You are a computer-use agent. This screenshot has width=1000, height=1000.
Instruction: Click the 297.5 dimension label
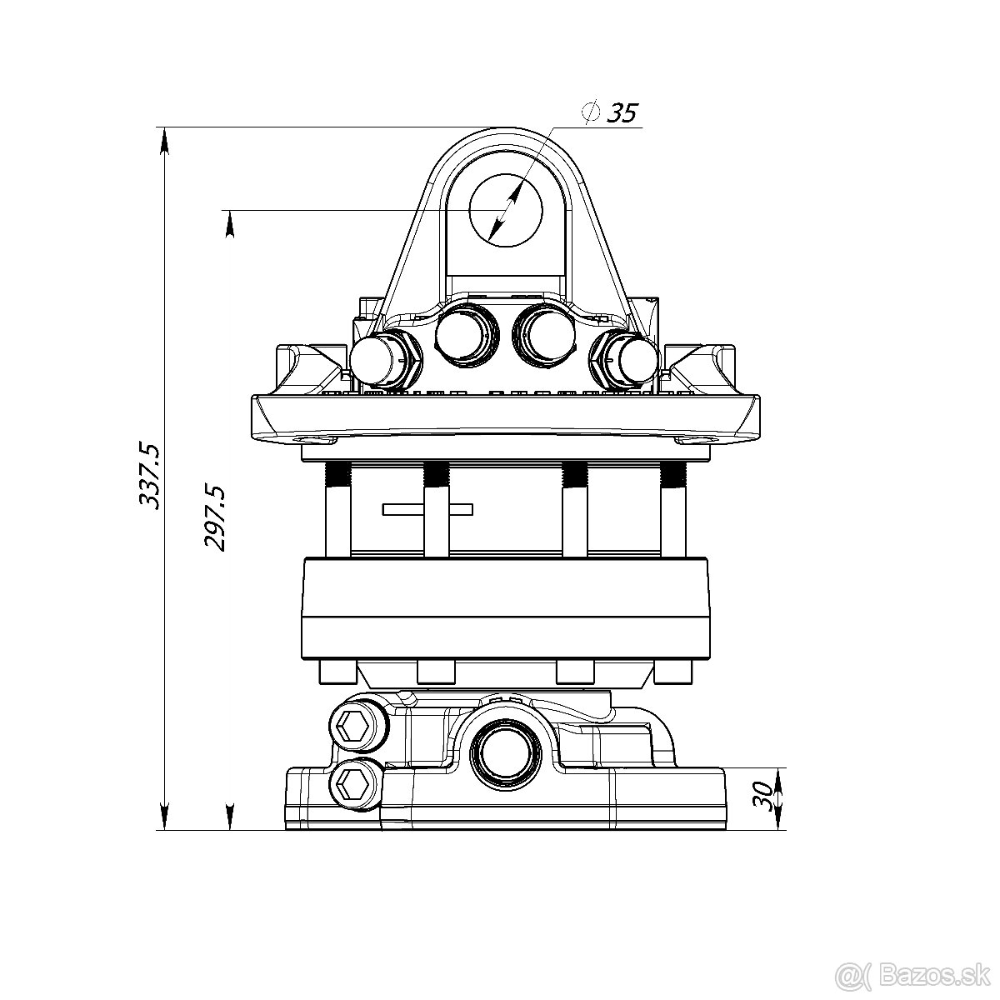[x=215, y=517]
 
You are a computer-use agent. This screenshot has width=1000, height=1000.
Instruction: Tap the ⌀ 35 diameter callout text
[x=612, y=112]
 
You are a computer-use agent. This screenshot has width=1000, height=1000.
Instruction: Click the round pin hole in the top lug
[x=506, y=210]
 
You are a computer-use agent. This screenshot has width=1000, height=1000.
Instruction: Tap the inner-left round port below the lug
[x=462, y=334]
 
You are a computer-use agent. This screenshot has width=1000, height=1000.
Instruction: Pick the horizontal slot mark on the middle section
[x=427, y=508]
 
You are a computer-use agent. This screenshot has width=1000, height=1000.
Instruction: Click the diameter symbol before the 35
[x=591, y=112]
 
